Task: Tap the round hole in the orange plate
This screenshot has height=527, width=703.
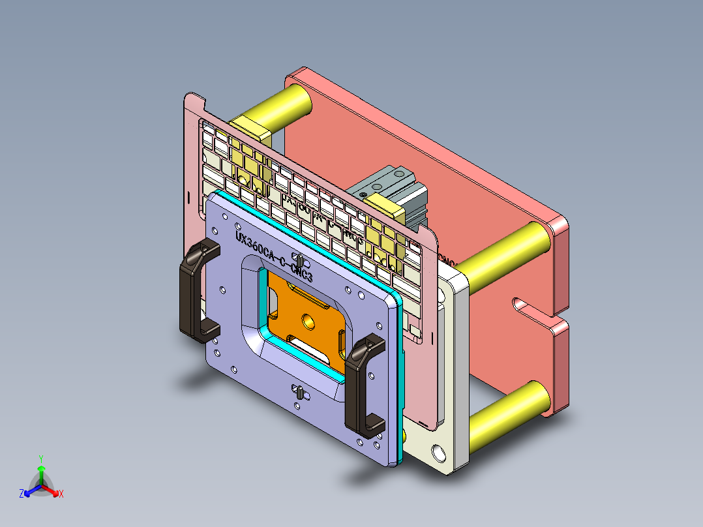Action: tap(307, 321)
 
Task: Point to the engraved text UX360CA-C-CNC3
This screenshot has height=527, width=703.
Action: tap(275, 257)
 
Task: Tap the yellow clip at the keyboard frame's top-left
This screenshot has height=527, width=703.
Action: tap(252, 130)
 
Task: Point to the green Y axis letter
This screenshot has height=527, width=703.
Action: tap(40, 458)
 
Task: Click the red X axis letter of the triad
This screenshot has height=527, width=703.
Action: tap(61, 494)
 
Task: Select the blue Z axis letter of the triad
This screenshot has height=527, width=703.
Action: tap(22, 494)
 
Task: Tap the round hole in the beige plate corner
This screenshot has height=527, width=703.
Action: tap(437, 451)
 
